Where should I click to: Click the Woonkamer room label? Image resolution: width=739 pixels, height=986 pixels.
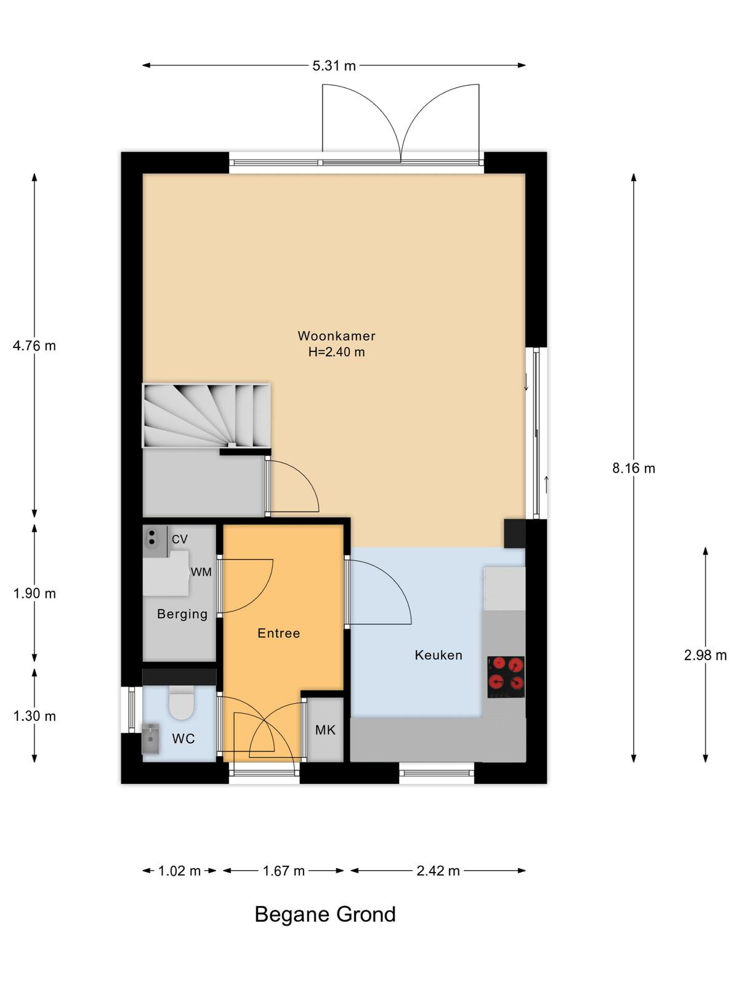pyautogui.click(x=336, y=336)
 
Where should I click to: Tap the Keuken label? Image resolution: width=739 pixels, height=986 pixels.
pyautogui.click(x=438, y=655)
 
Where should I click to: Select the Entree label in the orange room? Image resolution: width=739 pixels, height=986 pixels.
pyautogui.click(x=278, y=633)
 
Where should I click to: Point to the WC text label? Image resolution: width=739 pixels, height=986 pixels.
pyautogui.click(x=183, y=738)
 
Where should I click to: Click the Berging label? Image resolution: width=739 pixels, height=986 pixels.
pyautogui.click(x=182, y=614)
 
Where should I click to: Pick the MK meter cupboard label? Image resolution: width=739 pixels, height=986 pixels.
pyautogui.click(x=325, y=730)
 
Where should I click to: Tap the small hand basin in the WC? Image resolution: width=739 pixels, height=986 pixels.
pyautogui.click(x=151, y=738)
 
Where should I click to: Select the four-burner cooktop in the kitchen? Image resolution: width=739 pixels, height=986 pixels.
pyautogui.click(x=506, y=677)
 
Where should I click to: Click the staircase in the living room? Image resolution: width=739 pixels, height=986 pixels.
pyautogui.click(x=206, y=415)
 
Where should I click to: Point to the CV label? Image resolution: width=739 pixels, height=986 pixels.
pyautogui.click(x=179, y=539)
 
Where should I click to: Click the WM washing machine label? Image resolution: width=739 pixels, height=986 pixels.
pyautogui.click(x=201, y=572)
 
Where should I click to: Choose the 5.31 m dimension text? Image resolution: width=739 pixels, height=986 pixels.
pyautogui.click(x=334, y=66)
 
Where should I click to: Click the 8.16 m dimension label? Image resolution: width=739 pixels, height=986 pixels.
pyautogui.click(x=633, y=468)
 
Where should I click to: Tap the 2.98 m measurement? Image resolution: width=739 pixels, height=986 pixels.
pyautogui.click(x=705, y=655)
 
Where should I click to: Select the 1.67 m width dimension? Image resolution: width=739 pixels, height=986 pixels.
pyautogui.click(x=283, y=871)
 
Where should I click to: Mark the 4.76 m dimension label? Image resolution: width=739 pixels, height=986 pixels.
pyautogui.click(x=34, y=346)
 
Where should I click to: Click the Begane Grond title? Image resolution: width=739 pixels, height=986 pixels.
pyautogui.click(x=325, y=914)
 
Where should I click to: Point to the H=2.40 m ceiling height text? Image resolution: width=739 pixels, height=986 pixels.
pyautogui.click(x=336, y=352)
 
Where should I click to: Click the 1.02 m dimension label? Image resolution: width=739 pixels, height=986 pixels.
pyautogui.click(x=179, y=871)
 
